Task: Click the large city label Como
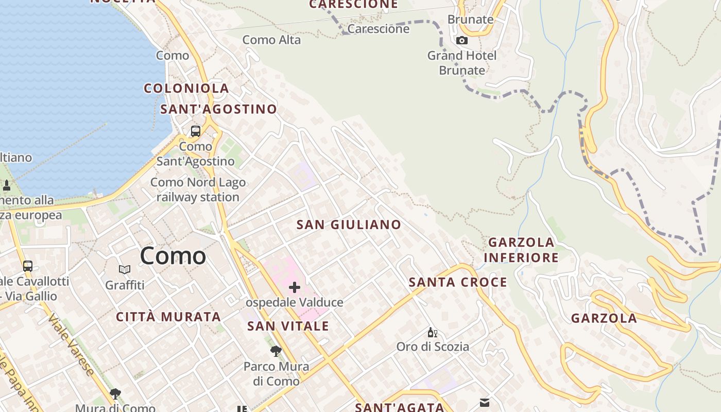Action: (173, 255)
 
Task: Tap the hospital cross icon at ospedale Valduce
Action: (295, 287)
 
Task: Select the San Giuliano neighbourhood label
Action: (349, 225)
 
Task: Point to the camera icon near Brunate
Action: (462, 40)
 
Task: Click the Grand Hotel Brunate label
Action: (462, 63)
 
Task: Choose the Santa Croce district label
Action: (458, 282)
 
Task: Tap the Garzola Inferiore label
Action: (522, 250)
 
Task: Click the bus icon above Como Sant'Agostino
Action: (196, 131)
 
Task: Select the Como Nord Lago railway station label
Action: (198, 190)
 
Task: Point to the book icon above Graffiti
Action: (125, 269)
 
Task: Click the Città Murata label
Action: (168, 317)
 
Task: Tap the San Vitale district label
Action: (288, 326)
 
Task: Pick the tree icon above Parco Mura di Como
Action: (276, 351)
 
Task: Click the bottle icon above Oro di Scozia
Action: (432, 333)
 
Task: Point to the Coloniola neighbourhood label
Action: (186, 88)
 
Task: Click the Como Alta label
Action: (271, 40)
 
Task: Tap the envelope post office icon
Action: (484, 402)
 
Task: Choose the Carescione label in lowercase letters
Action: (379, 29)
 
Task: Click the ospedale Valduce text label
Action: (295, 302)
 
